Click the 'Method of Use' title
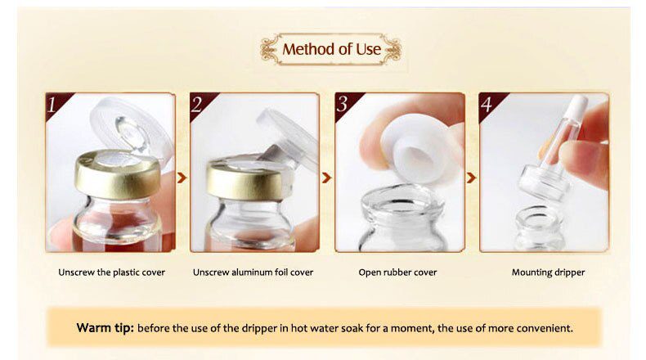click(331, 49)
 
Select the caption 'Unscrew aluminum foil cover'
click(253, 272)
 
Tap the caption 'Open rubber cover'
click(398, 272)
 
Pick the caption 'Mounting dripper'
click(544, 272)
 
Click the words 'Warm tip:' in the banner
click(105, 328)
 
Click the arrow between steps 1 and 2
click(182, 176)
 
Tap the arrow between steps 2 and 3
click(326, 176)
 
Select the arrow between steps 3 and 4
click(471, 176)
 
